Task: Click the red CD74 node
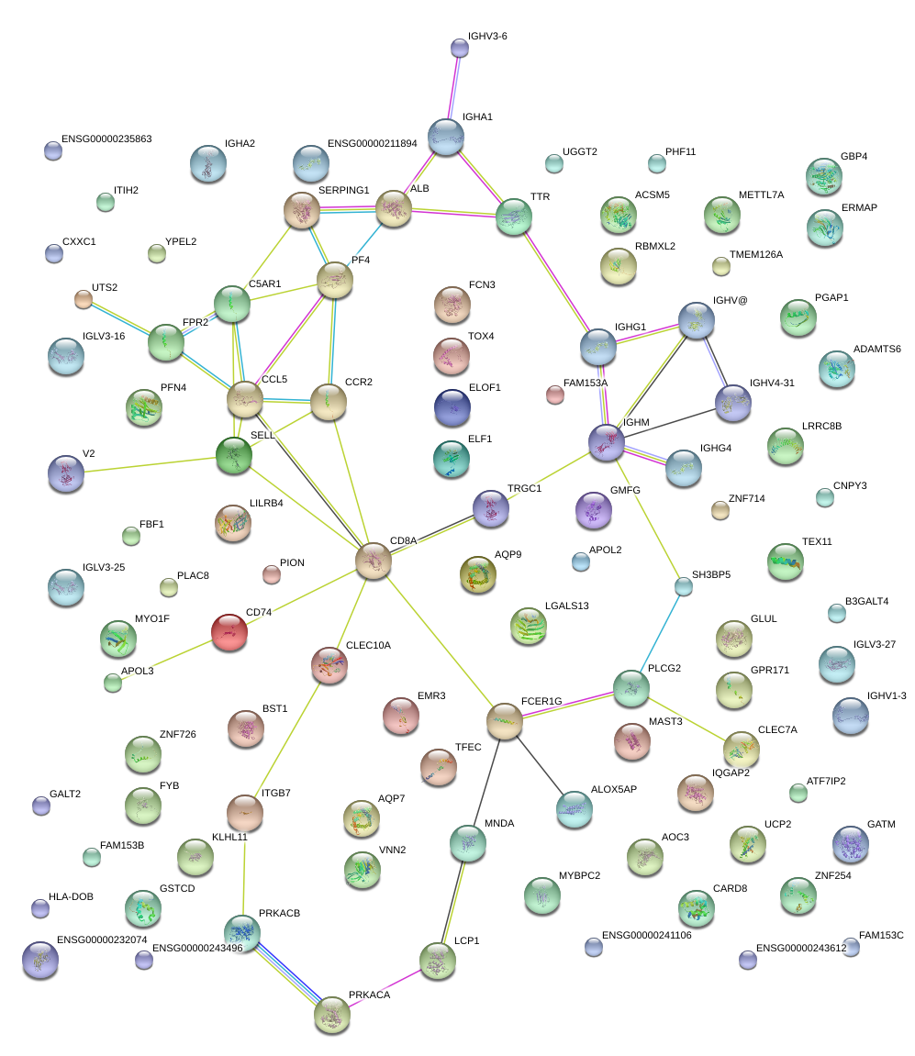click(x=229, y=632)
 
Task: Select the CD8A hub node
click(x=374, y=561)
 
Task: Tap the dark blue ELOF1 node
click(x=452, y=407)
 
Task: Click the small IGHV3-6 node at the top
click(x=460, y=48)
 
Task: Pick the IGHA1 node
click(x=446, y=138)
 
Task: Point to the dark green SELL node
click(x=234, y=455)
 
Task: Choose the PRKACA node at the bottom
click(x=332, y=1015)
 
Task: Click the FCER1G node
click(x=505, y=721)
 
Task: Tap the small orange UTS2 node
click(x=83, y=299)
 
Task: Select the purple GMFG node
click(x=594, y=510)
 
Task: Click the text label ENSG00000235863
click(x=106, y=139)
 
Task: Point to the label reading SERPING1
click(x=343, y=190)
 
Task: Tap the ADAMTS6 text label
click(x=876, y=349)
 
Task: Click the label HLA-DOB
click(x=71, y=896)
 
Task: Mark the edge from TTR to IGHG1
click(x=556, y=283)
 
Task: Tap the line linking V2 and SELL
click(x=150, y=464)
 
